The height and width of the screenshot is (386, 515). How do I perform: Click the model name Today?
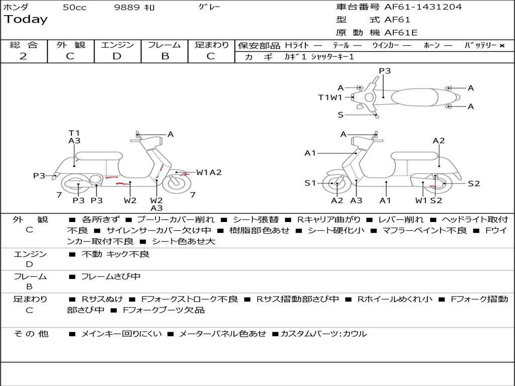pos(26,20)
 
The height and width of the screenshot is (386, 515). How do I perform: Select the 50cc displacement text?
pos(74,7)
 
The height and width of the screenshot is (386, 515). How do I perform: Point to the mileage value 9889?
pos(127,7)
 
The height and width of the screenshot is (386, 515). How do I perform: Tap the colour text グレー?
pos(209,7)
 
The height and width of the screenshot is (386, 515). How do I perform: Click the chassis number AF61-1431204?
pos(422,7)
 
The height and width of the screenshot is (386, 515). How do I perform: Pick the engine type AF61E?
pos(400,33)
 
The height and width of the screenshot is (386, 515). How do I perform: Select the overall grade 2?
pos(23,56)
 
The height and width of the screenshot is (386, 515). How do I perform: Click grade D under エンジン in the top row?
pos(117,56)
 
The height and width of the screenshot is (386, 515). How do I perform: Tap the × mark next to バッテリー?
pos(501,45)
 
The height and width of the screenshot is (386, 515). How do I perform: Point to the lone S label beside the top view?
pos(340,115)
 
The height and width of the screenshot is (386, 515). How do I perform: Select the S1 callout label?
pos(310,183)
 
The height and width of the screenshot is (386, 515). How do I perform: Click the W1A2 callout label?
pos(209,172)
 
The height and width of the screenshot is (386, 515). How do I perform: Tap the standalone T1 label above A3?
pos(74,133)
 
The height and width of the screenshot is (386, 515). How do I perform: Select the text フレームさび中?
pos(111,276)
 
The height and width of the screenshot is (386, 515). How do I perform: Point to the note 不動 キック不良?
pos(115,254)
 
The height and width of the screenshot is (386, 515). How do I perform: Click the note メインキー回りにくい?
pos(121,334)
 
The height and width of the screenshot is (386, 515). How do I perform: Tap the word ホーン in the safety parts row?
pos(431,45)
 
